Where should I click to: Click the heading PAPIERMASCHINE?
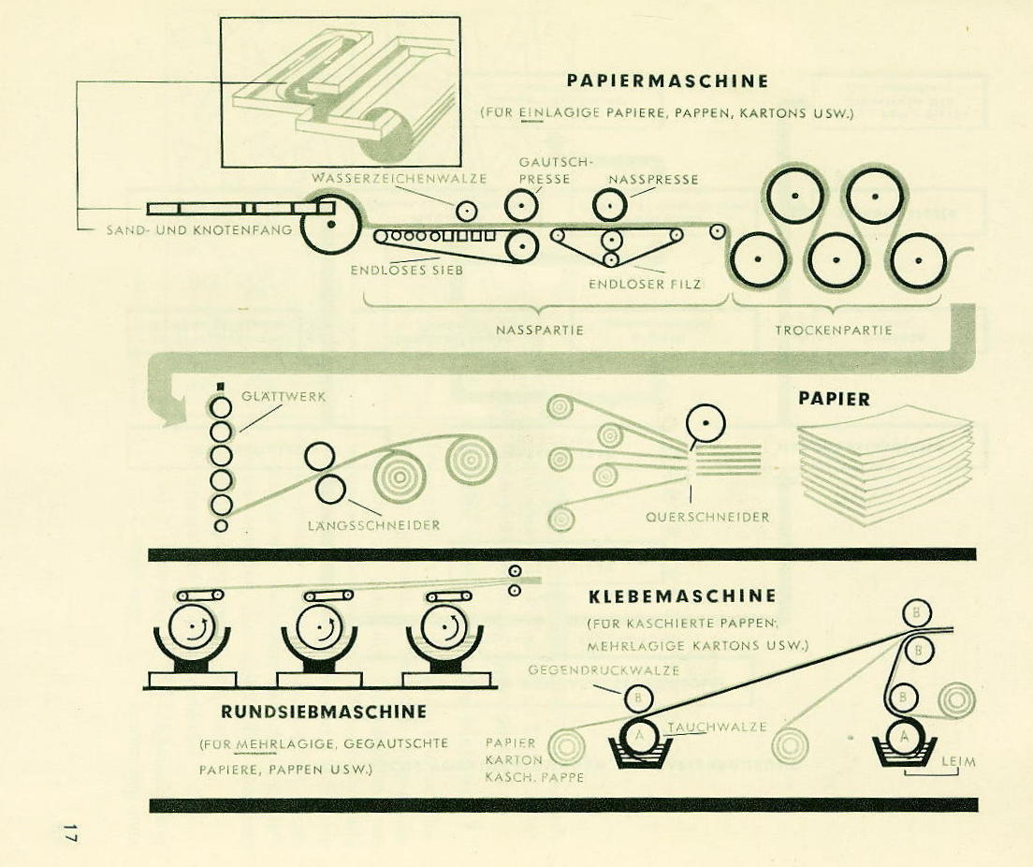[x=667, y=81]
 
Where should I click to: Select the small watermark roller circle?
[x=466, y=211]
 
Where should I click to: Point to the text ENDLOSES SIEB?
[x=407, y=271]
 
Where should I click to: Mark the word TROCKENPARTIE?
[x=834, y=330]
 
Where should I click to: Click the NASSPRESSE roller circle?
[x=610, y=204]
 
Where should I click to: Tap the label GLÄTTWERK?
[x=284, y=396]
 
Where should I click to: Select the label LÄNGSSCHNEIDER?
[x=373, y=525]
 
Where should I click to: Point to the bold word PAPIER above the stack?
[x=834, y=399]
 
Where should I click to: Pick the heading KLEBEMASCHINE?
[x=682, y=596]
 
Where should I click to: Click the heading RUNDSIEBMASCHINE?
[x=323, y=712]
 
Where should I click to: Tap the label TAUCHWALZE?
[x=717, y=727]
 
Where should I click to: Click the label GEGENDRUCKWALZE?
[x=604, y=670]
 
